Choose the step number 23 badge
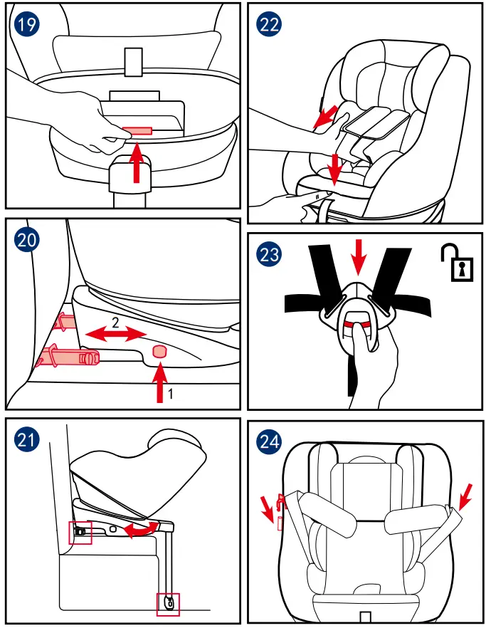pos(269,254)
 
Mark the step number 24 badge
pos(269,441)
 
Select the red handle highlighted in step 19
pos(137,131)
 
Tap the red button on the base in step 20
pos(160,351)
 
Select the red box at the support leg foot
pos(168,604)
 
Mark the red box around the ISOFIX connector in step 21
pos(80,532)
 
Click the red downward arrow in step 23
pos(359,256)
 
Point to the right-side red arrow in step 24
pos(466,495)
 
